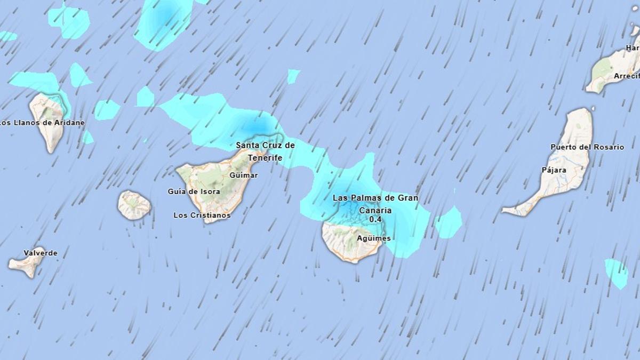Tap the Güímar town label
243,175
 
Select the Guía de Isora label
194,191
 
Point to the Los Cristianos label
202,215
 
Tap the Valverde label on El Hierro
41,253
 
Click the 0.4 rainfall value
375,219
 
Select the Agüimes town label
374,238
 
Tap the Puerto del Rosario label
587,147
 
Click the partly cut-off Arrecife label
626,76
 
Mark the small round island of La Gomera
134,205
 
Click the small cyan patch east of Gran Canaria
449,222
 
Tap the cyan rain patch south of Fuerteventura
617,272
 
